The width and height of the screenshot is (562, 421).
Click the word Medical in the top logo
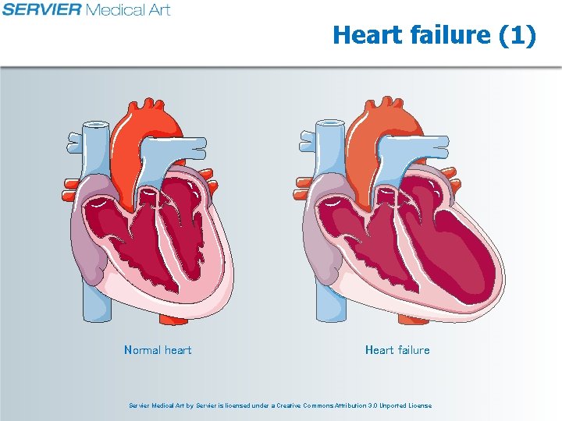[x=114, y=9]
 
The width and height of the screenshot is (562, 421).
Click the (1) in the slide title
[x=516, y=35]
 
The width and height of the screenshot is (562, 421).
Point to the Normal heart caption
[x=158, y=350]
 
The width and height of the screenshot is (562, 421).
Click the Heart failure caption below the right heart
[x=397, y=350]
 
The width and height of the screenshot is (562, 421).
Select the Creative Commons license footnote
[x=280, y=405]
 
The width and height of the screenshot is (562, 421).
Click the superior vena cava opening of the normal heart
[x=95, y=125]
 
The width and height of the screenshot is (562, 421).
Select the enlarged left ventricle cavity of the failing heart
[x=453, y=249]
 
